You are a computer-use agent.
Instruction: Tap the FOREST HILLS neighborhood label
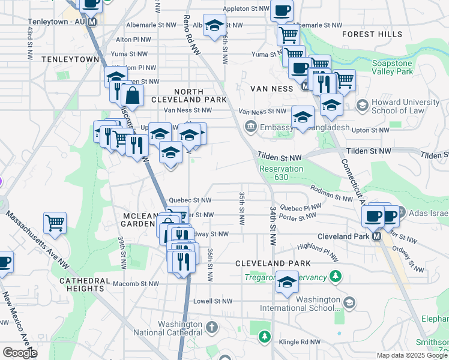372,34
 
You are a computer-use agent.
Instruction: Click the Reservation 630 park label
281,173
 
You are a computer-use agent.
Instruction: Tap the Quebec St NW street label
190,200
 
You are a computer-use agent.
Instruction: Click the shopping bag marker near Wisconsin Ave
132,95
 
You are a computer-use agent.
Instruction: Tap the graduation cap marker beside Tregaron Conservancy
288,281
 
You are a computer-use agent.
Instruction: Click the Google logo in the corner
20,353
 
